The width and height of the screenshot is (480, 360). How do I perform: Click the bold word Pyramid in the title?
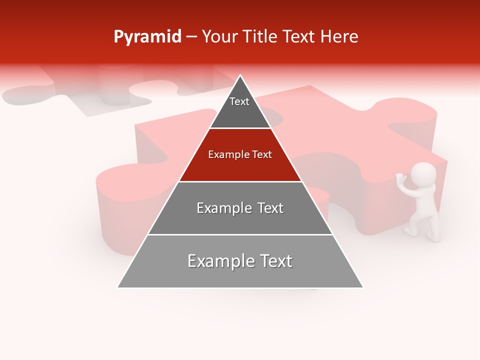[x=147, y=37]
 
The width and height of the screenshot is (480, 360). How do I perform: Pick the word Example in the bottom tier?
[x=219, y=261]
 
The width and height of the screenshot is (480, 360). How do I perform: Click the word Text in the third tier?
[x=270, y=208]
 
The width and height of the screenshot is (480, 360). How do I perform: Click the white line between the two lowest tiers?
[x=240, y=234]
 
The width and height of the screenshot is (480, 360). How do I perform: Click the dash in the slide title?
[x=191, y=37]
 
